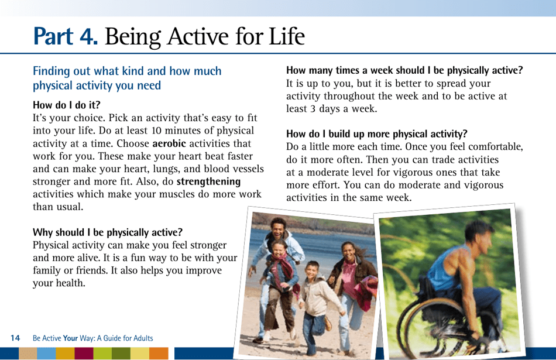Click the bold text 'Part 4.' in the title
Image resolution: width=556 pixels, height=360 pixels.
point(66,37)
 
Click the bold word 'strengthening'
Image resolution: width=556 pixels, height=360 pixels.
point(208,181)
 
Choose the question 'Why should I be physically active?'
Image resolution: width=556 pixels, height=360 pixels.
point(108,232)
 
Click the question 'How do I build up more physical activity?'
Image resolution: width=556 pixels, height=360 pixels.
point(376,134)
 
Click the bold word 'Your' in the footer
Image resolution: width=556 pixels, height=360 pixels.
point(70,338)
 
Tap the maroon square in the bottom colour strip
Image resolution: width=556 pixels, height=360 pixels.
point(84,354)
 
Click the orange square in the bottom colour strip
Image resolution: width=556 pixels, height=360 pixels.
point(158,354)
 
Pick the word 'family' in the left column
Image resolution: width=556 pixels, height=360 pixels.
point(48,270)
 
